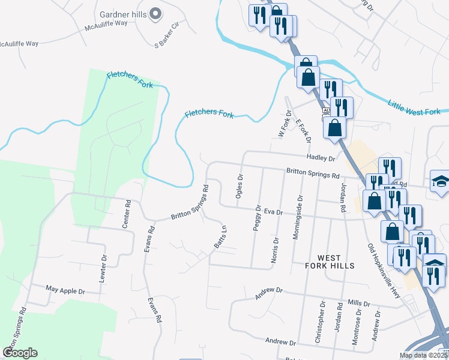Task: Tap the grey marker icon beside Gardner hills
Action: [155, 13]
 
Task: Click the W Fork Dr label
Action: [284, 124]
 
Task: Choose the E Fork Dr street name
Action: [304, 131]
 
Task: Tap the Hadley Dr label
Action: [320, 157]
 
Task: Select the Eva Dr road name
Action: [273, 212]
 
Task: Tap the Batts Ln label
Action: [221, 237]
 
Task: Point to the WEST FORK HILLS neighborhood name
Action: [330, 261]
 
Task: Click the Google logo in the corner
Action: [20, 352]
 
